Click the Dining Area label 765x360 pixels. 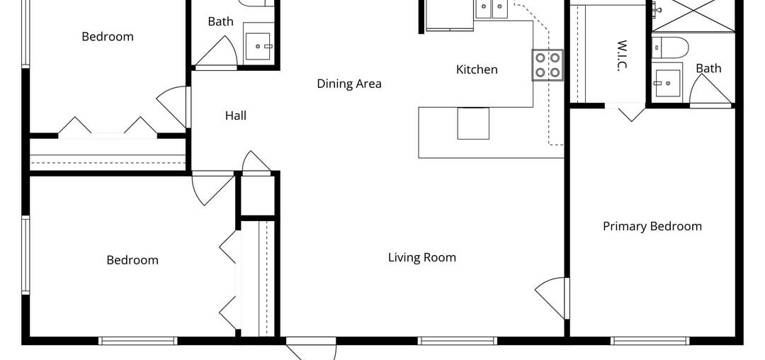click(x=348, y=84)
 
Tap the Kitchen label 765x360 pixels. click(x=477, y=69)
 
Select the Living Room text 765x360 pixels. click(x=421, y=257)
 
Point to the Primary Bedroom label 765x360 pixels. click(x=652, y=226)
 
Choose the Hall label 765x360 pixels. click(x=236, y=115)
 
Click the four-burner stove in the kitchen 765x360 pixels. click(x=548, y=65)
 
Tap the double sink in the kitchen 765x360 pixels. click(x=492, y=9)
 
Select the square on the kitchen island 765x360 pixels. click(x=473, y=123)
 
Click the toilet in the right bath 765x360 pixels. click(x=669, y=47)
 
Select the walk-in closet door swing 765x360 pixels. click(x=630, y=112)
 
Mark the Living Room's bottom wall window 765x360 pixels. click(x=458, y=341)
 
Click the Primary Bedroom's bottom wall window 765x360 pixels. click(x=650, y=341)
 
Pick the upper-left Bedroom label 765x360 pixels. click(x=108, y=36)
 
